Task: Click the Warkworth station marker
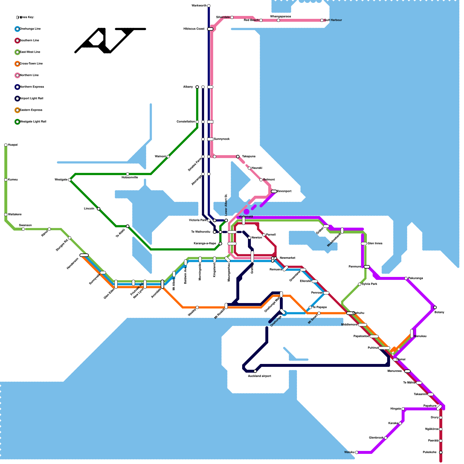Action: pos(209,6)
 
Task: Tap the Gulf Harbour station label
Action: pos(333,20)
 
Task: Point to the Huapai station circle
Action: pos(6,145)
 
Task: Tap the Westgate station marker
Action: pos(70,180)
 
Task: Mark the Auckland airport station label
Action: pos(260,376)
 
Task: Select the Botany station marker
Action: pos(435,307)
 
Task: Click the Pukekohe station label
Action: pos(429,452)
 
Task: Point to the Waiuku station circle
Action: pos(357,452)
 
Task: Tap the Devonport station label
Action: pos(284,191)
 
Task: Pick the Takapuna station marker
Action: pos(238,157)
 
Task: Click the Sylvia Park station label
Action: pos(369,284)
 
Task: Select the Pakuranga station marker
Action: pos(406,278)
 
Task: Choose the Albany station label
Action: pos(188,87)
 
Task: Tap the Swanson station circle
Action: pos(23,229)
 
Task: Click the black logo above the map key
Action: pos(110,41)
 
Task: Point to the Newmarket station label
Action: pos(287,258)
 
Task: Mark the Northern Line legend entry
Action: pos(29,75)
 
